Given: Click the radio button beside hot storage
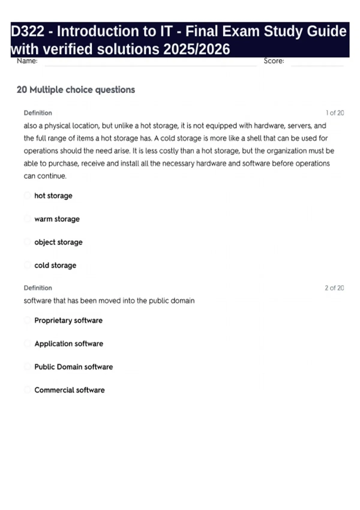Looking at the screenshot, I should pos(27,196).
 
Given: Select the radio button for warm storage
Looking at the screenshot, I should pos(27,219).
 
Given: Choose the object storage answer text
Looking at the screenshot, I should pos(58,242).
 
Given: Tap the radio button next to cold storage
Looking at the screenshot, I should pos(27,265).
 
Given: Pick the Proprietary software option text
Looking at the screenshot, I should pos(68,320).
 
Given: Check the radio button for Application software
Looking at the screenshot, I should pos(27,343).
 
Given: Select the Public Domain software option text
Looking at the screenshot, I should pos(73,367).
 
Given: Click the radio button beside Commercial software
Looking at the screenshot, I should pos(27,390).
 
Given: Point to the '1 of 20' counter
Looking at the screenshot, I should pos(334,113).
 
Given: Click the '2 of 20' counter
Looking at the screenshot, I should pos(334,288).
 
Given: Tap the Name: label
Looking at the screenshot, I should pos(27,61).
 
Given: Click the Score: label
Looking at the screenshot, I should pos(274,61).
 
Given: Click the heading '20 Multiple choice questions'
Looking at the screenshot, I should pos(76,90).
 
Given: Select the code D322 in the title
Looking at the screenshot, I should pos(28,31).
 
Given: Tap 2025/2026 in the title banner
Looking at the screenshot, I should pos(196,49).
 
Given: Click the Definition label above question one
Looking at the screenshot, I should pos(38,113).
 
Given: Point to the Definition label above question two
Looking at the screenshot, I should pos(38,288).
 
